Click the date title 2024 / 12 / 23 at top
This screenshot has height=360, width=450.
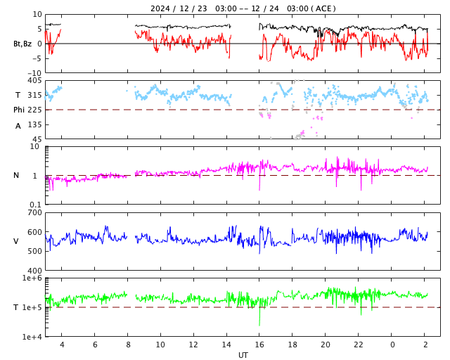click(x=179, y=8)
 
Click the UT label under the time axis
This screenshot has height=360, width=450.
click(x=243, y=355)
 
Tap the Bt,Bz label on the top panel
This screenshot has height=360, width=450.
click(x=22, y=44)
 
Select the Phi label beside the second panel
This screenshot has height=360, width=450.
click(x=20, y=110)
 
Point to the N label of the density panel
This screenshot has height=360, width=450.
click(x=16, y=176)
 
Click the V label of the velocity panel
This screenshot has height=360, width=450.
click(x=16, y=241)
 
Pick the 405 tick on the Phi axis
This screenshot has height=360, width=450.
click(x=33, y=81)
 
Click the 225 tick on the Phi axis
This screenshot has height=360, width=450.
click(x=33, y=110)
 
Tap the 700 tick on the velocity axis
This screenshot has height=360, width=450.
click(x=33, y=212)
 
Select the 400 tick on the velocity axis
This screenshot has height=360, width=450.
click(x=33, y=271)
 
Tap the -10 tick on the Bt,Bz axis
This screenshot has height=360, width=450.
click(x=34, y=72)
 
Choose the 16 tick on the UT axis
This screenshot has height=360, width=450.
click(x=259, y=345)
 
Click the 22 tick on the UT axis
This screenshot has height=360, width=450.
click(x=359, y=345)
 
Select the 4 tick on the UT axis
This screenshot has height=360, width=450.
click(x=62, y=345)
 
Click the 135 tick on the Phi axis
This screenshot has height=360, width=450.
click(x=33, y=124)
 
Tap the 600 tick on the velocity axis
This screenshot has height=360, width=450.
click(x=33, y=232)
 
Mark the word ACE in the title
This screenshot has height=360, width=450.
click(x=324, y=8)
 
